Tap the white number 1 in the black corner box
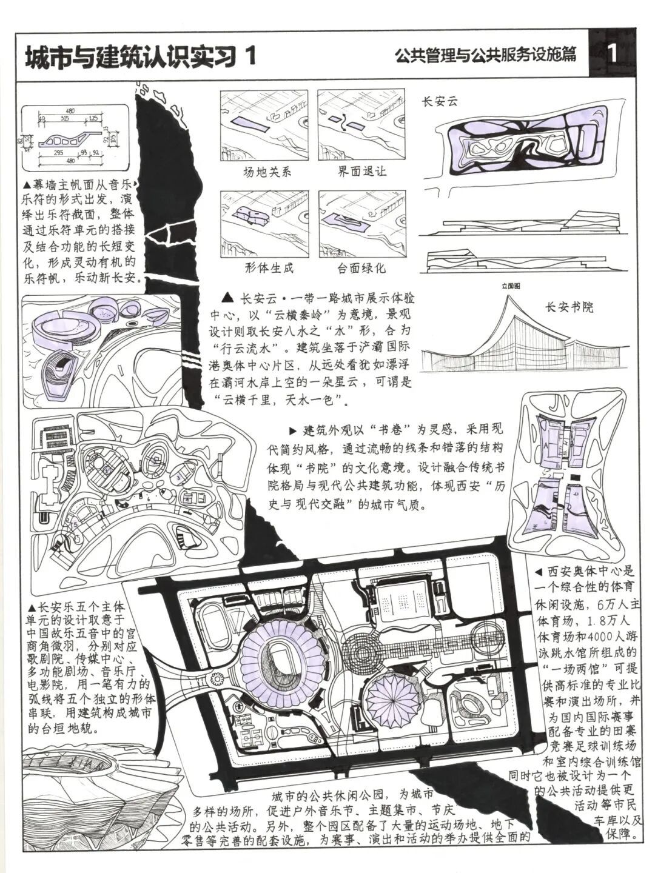point(613,55)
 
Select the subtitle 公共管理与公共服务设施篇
point(485,56)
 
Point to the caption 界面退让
point(361,171)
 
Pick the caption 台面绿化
point(361,267)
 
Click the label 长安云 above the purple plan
point(439,102)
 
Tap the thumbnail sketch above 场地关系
point(264,125)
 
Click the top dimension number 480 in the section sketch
point(70,111)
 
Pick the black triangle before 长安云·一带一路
point(228,298)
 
